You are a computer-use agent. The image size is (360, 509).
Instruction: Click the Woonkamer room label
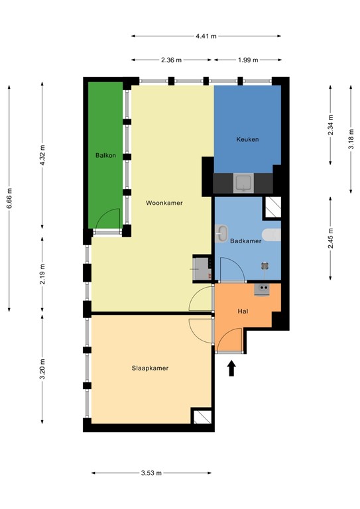coord(164,203)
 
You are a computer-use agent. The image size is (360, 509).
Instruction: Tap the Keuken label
coord(247,139)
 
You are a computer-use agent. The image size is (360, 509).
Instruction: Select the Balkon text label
coord(105,156)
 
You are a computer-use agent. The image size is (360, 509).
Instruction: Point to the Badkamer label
coord(245,241)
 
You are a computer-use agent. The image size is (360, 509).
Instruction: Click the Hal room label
coord(243,311)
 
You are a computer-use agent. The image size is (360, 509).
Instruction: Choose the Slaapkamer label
coord(149,368)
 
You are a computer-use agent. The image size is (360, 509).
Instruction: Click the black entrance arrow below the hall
coord(232,368)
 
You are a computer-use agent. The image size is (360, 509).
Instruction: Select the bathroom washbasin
coord(222,233)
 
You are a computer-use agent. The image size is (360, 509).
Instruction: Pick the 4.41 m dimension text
coord(206,36)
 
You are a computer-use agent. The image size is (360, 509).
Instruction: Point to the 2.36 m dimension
coord(172,60)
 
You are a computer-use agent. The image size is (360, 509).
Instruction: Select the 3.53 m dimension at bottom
coord(151,473)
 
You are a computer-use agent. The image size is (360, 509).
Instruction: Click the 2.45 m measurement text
coord(330,237)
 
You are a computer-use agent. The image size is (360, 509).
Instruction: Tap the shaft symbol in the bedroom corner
coord(202,416)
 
